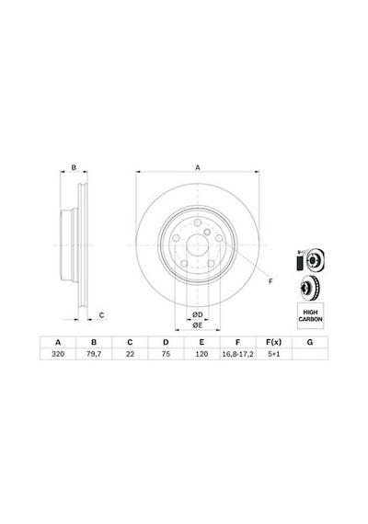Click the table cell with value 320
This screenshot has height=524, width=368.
[58, 354]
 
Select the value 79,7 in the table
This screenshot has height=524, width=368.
[94, 354]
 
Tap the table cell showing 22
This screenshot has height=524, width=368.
[130, 354]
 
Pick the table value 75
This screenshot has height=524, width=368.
[166, 354]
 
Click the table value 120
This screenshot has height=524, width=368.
[201, 354]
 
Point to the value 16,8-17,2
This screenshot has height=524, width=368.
[238, 354]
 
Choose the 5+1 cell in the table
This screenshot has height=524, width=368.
[273, 354]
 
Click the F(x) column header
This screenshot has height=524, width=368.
[273, 342]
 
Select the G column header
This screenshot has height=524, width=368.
[310, 342]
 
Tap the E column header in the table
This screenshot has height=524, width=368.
[201, 342]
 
